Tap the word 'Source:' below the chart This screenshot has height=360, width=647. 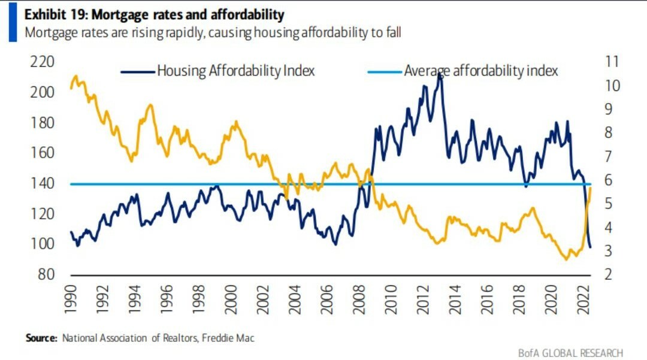[42, 338]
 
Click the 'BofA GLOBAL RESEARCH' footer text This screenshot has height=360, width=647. [570, 352]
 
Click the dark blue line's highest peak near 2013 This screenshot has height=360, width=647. [440, 74]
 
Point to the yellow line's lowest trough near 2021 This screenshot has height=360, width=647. [566, 259]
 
